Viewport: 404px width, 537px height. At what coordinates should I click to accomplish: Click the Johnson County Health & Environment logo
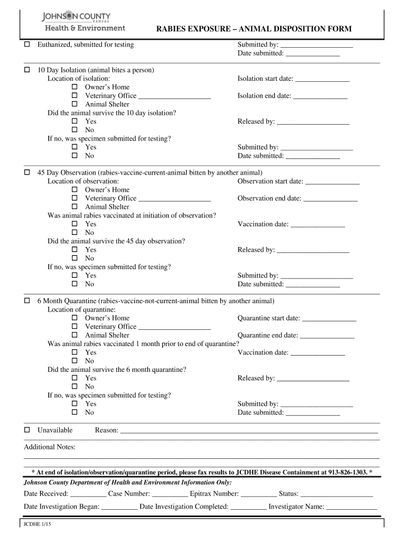pyautogui.click(x=83, y=22)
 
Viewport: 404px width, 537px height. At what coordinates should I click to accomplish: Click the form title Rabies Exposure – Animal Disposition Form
pyautogui.click(x=254, y=29)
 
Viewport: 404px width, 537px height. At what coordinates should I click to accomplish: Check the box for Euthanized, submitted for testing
pyautogui.click(x=27, y=45)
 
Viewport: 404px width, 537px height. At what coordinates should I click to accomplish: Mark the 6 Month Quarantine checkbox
pyautogui.click(x=27, y=302)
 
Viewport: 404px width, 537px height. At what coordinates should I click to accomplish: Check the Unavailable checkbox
pyautogui.click(x=27, y=431)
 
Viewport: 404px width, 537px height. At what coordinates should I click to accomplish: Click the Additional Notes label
pyautogui.click(x=50, y=447)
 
